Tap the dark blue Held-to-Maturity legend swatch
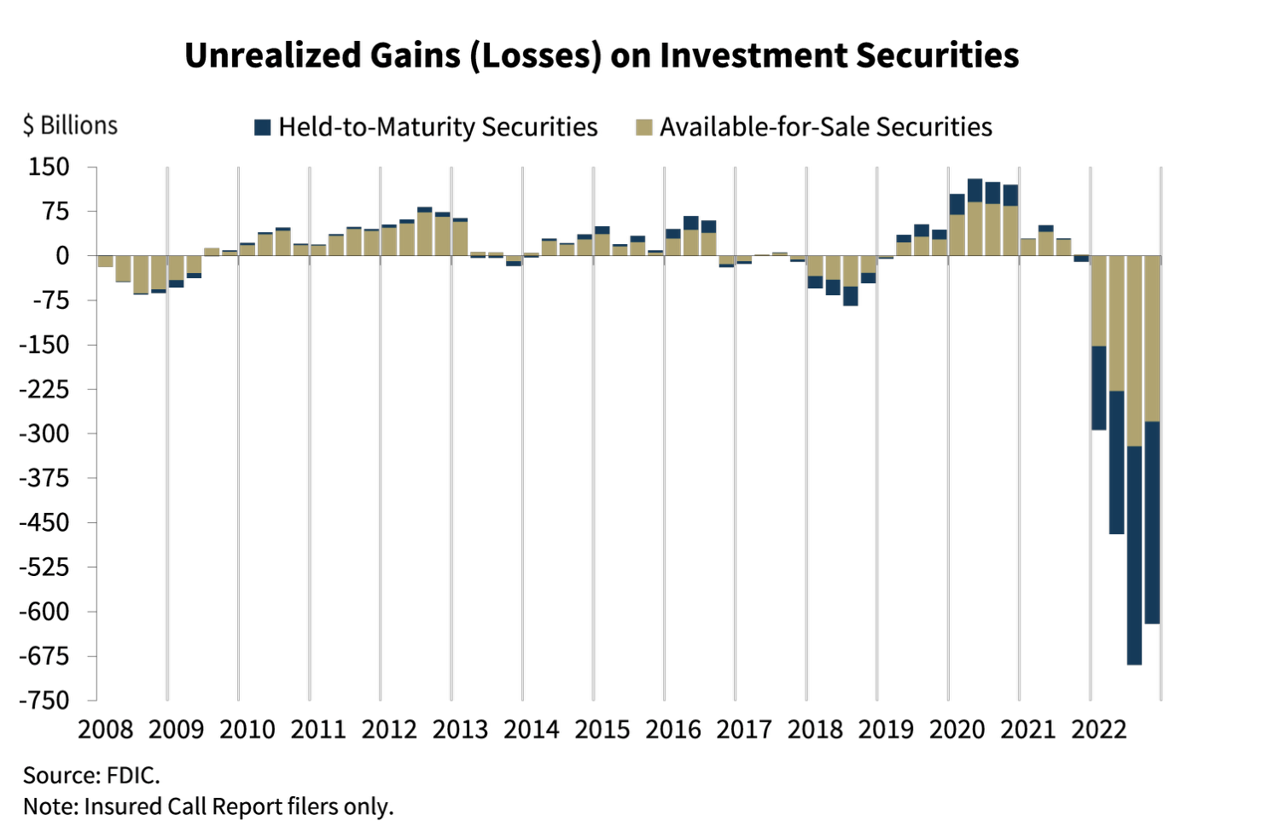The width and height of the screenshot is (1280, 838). [x=262, y=127]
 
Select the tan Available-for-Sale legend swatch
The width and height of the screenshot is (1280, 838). [x=644, y=127]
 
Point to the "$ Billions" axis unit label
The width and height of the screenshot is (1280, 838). [x=70, y=125]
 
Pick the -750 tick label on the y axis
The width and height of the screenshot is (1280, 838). [x=44, y=701]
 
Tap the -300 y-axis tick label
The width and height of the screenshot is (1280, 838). [x=44, y=434]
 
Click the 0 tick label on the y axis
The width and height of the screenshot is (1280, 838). [x=62, y=256]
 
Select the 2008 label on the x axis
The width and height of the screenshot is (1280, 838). [x=106, y=730]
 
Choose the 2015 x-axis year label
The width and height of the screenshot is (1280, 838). [x=602, y=730]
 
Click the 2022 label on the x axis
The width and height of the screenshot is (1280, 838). [x=1099, y=730]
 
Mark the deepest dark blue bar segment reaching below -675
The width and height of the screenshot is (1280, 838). [x=1134, y=555]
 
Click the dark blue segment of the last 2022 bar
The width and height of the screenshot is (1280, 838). [x=1152, y=522]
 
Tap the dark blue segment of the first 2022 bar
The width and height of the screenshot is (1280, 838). [x=1099, y=388]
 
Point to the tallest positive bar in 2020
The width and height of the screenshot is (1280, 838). [x=975, y=218]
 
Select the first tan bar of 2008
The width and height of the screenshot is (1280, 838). [x=106, y=261]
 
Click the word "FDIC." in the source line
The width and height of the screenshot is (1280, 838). [x=133, y=776]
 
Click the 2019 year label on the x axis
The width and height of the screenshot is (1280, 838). [x=887, y=730]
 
